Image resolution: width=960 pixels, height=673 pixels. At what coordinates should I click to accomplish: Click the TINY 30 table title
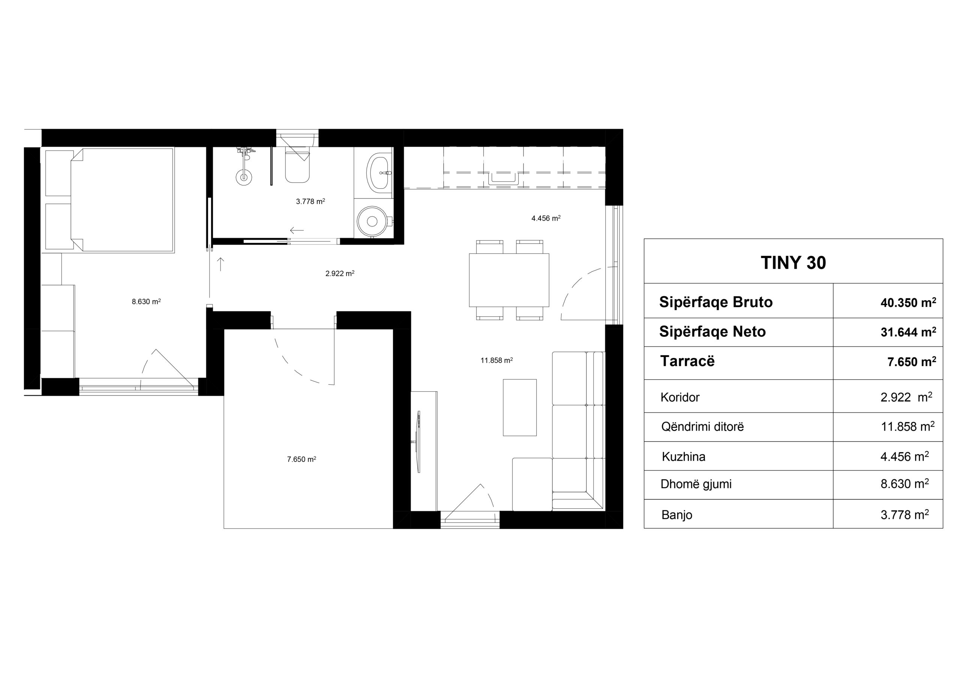[793, 263]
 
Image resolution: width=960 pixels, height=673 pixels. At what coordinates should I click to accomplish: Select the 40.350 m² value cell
[908, 302]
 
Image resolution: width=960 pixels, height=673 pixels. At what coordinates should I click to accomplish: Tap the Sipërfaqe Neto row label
[712, 332]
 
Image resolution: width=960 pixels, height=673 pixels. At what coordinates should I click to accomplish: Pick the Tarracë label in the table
[687, 361]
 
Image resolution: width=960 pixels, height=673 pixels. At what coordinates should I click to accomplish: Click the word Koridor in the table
[680, 397]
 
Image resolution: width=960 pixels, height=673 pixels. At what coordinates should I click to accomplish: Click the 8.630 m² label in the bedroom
[146, 302]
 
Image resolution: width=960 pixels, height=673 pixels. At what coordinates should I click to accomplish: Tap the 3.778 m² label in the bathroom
[310, 201]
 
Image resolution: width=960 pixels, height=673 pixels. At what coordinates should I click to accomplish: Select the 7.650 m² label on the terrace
[301, 459]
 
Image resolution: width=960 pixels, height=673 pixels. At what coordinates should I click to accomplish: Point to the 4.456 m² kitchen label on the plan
[546, 218]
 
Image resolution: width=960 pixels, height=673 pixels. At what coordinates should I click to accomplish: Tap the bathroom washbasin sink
[379, 172]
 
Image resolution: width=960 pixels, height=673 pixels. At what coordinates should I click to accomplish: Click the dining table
[509, 280]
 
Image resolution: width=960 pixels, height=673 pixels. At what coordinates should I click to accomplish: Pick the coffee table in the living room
[520, 407]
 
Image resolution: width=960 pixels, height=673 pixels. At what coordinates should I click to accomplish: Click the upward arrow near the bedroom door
[221, 264]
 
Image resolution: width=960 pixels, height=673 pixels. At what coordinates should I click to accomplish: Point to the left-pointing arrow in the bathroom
[297, 230]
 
